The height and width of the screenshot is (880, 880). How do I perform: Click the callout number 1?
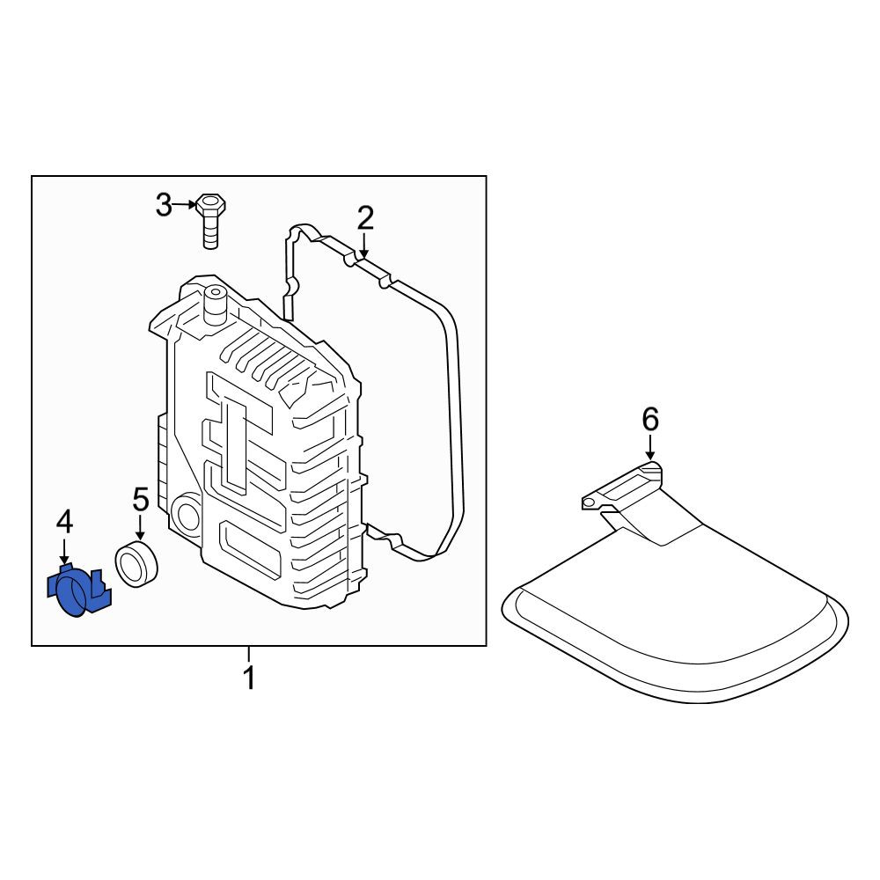(249, 678)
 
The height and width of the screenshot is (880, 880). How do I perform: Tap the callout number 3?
(164, 205)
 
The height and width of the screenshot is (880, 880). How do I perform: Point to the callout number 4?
(64, 523)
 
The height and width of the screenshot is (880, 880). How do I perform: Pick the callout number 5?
(140, 500)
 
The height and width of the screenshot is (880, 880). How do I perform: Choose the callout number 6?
(650, 419)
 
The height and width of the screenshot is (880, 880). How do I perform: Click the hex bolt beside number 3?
(210, 221)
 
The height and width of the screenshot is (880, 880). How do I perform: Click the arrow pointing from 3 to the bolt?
(184, 205)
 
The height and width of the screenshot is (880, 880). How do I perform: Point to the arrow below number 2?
(364, 245)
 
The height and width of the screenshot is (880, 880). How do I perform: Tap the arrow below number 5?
(140, 527)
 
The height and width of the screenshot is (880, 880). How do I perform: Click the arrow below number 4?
(64, 551)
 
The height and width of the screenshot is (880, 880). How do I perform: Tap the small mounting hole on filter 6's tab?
(588, 503)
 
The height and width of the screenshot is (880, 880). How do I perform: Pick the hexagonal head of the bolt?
(210, 204)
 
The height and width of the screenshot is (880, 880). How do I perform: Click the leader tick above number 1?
(249, 655)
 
